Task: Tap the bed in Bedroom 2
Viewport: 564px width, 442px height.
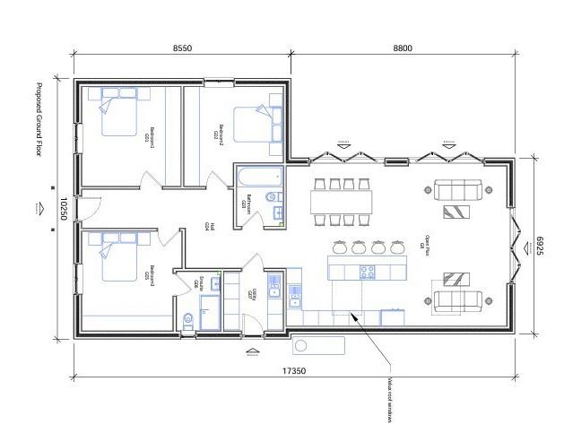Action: click(x=252, y=120)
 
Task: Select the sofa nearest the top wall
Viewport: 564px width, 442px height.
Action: click(x=457, y=188)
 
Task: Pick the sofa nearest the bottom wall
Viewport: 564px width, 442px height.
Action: click(x=457, y=300)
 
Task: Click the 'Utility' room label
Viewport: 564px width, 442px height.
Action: click(x=254, y=294)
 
